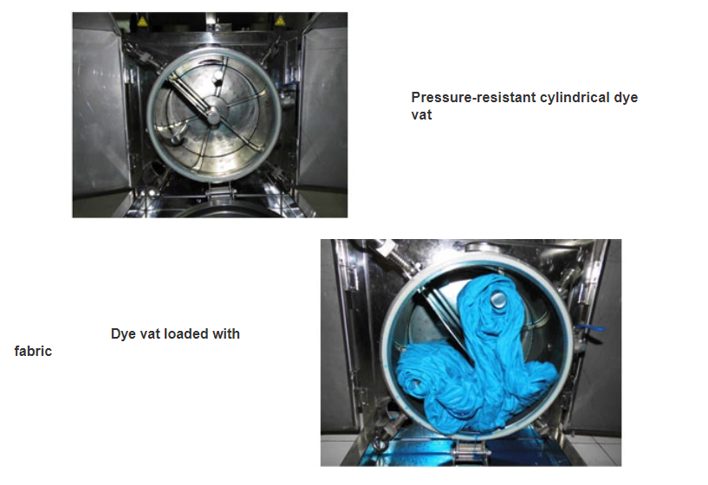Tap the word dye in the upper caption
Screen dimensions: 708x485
[x=626, y=98]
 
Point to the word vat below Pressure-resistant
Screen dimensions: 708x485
[x=421, y=115]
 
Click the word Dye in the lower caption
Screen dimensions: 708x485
[x=123, y=333]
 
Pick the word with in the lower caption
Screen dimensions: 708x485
[x=227, y=333]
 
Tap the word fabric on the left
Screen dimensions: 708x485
[x=33, y=351]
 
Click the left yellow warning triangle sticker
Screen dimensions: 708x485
[x=142, y=21]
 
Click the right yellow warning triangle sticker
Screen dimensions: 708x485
[x=280, y=20]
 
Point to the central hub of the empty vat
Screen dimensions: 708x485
[x=212, y=114]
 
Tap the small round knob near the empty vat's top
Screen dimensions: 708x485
[x=218, y=75]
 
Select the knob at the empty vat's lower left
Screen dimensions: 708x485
[x=176, y=139]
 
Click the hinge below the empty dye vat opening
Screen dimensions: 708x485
[x=220, y=192]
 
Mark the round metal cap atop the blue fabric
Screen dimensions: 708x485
[x=499, y=299]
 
